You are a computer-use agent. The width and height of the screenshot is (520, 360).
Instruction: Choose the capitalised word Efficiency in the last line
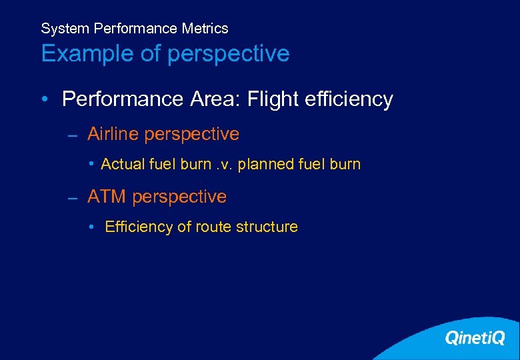[x=139, y=227]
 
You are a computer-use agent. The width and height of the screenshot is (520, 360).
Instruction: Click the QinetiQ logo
[x=475, y=338]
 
